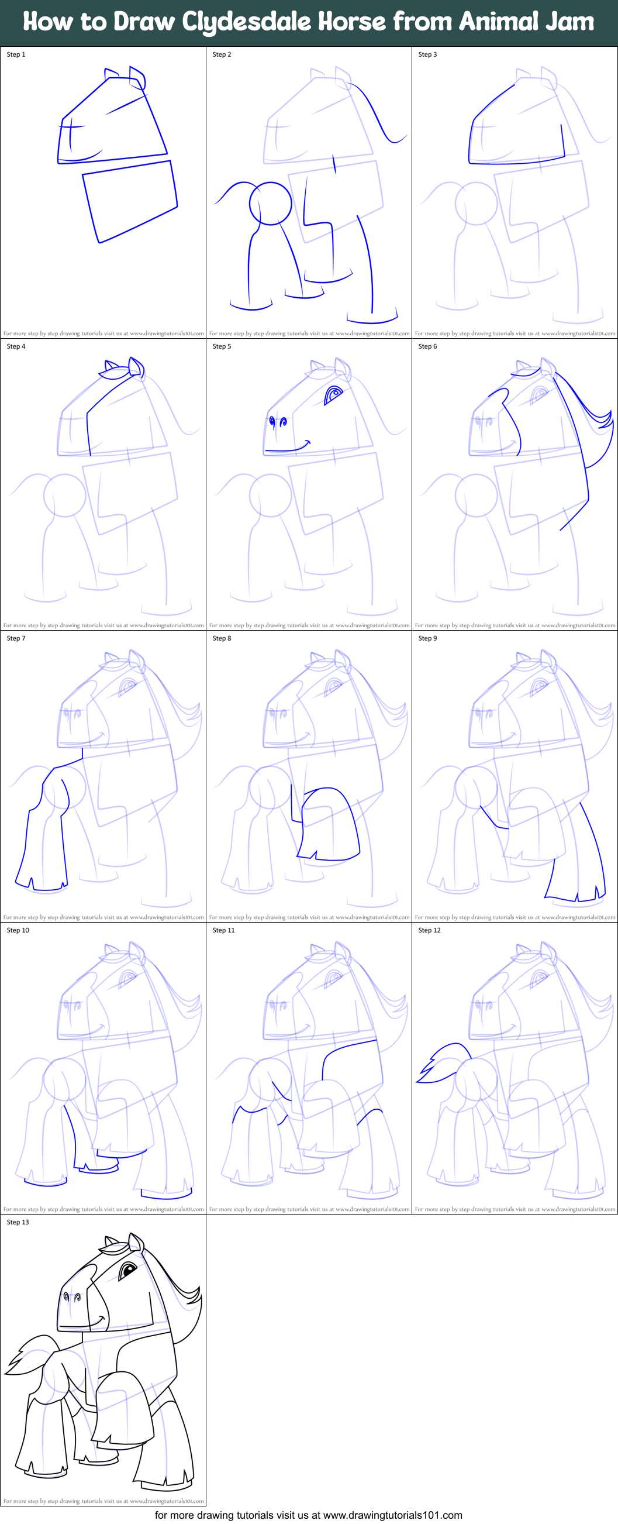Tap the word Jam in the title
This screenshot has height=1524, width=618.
[x=571, y=21]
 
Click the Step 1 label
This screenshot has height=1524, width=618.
[x=16, y=54]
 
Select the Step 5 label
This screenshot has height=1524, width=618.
[x=222, y=347]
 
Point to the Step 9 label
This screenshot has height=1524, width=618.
[x=427, y=638]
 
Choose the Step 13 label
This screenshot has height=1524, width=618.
[x=18, y=1222]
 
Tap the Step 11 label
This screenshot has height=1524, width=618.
[x=223, y=931]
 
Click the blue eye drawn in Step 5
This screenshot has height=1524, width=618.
[x=334, y=393]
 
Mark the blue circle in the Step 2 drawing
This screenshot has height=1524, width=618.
[x=270, y=203]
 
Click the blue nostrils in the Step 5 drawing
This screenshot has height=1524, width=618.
[x=277, y=422]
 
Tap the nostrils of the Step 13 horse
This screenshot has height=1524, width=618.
[x=71, y=1298]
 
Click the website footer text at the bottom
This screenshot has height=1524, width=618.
[x=308, y=1515]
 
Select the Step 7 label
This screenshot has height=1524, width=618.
[x=16, y=638]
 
